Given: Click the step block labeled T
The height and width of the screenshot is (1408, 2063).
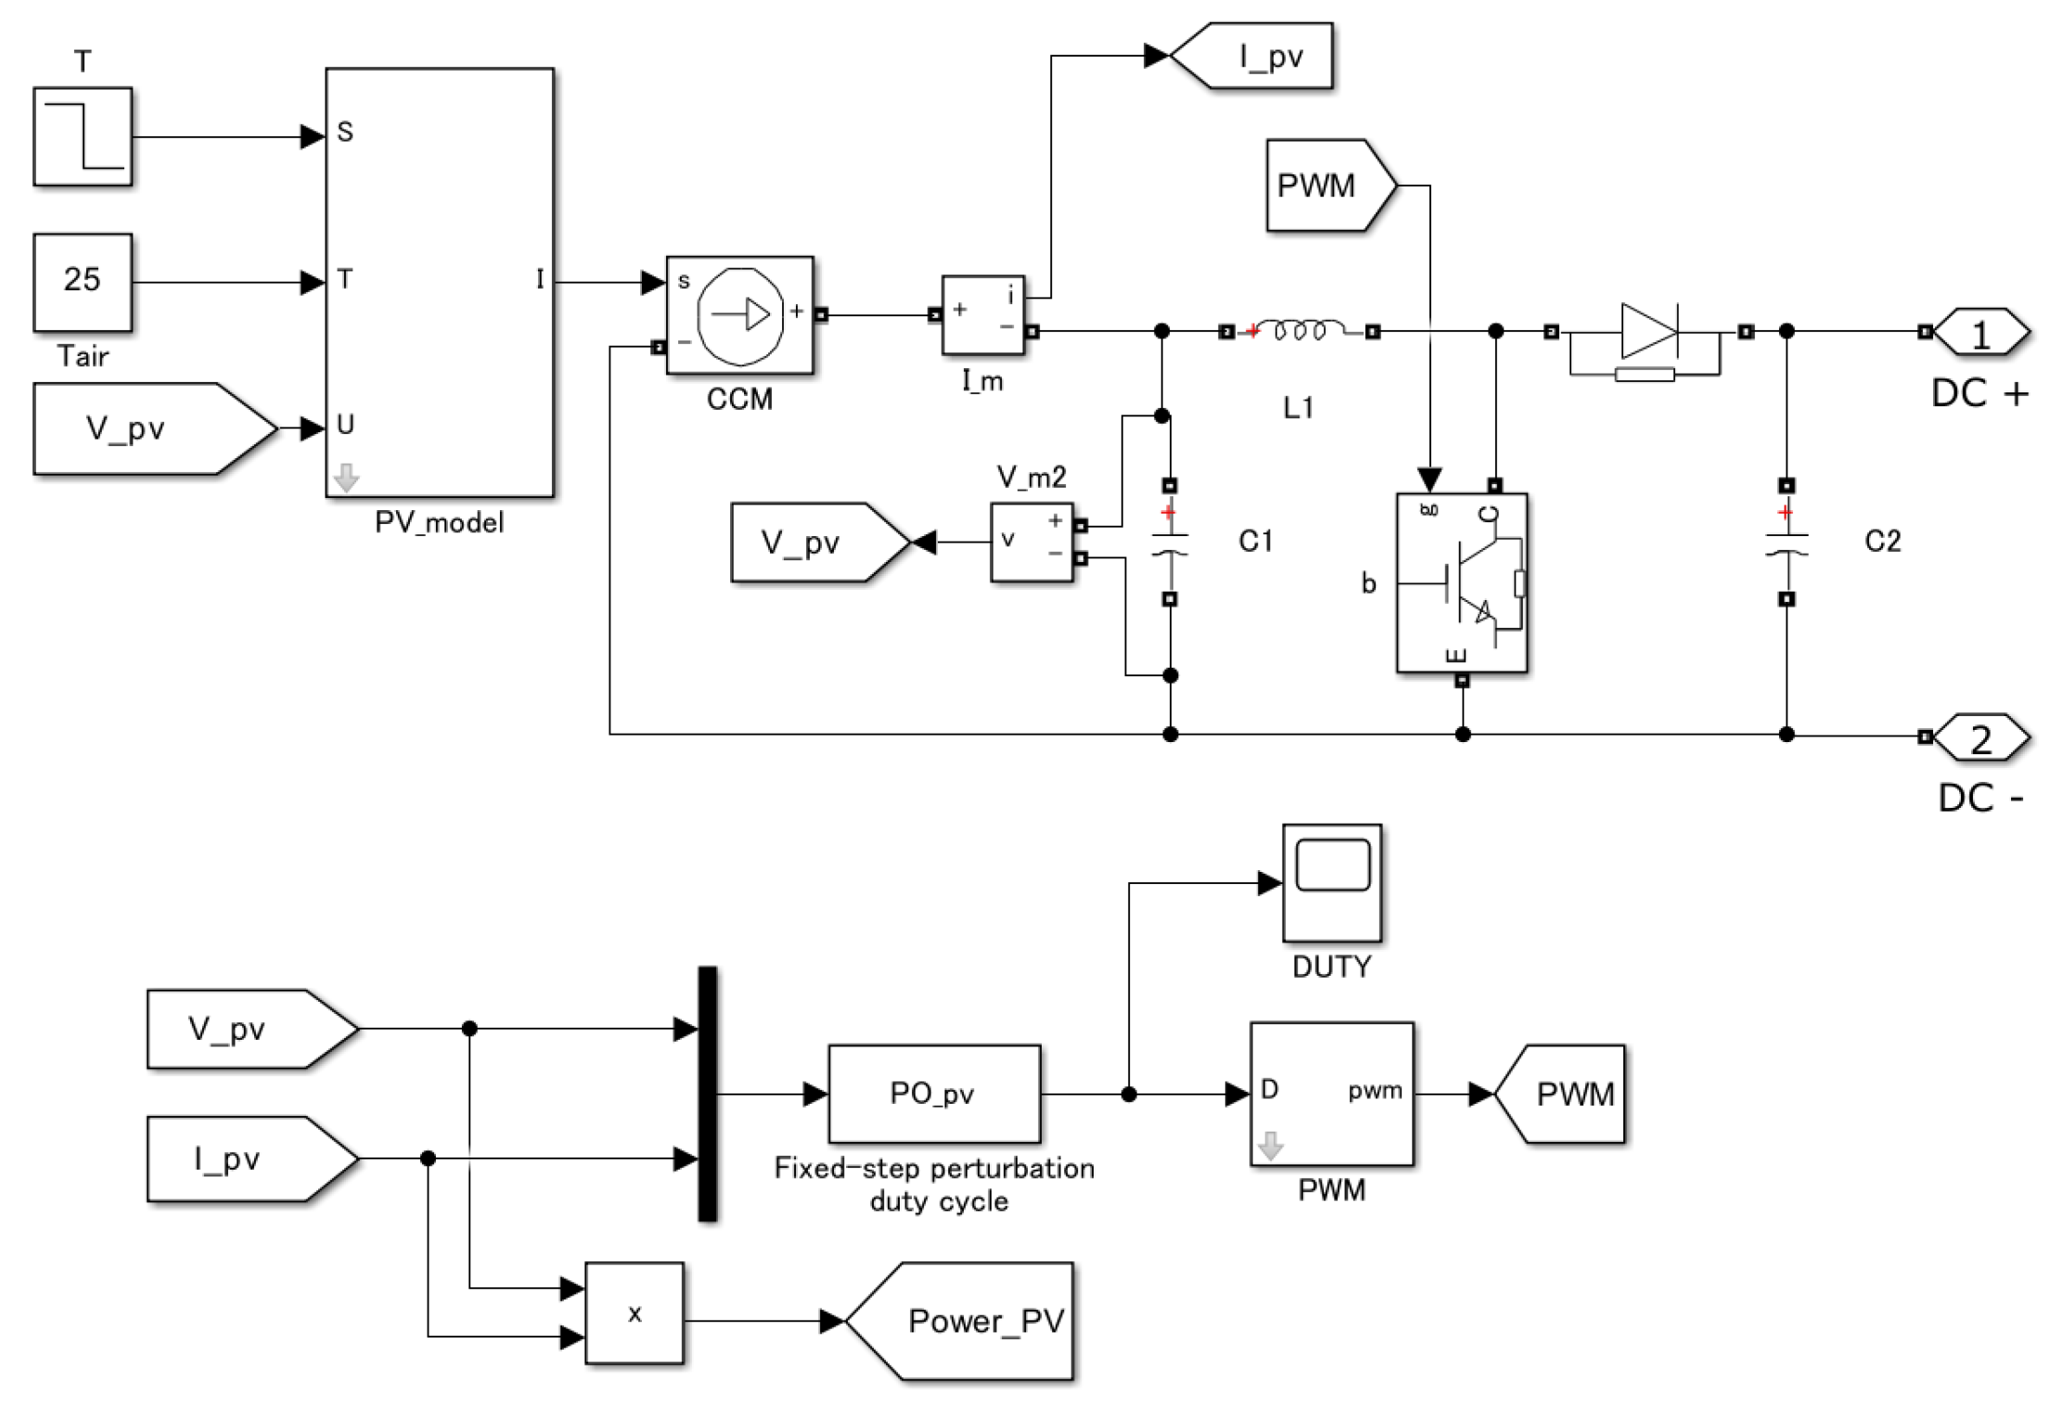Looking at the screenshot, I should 83,136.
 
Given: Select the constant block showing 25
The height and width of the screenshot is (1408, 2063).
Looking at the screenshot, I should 83,281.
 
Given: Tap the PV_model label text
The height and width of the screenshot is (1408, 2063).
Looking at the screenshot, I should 439,522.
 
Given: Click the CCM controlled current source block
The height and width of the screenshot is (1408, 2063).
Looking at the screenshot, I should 739,315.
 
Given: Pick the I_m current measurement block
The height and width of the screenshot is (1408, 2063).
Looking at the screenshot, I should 982,315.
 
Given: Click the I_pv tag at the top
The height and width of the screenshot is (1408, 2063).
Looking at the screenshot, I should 1252,56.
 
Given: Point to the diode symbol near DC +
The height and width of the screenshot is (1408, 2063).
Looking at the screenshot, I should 1648,331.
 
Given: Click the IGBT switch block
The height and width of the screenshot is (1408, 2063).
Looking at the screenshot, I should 1461,582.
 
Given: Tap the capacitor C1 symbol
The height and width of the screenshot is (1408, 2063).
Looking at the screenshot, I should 1170,543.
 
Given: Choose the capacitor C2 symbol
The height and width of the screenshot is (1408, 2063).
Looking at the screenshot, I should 1787,543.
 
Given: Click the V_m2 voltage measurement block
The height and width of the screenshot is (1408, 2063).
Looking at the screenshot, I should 1031,542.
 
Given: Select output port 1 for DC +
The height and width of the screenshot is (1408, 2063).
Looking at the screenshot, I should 1980,332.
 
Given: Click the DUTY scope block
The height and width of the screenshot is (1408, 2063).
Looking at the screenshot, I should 1332,882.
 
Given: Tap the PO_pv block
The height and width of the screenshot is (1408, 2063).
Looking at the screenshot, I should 933,1094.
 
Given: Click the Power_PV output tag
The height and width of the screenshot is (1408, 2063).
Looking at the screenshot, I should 965,1321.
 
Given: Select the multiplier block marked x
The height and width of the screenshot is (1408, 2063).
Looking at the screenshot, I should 634,1312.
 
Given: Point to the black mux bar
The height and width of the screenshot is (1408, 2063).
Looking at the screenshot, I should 707,1094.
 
